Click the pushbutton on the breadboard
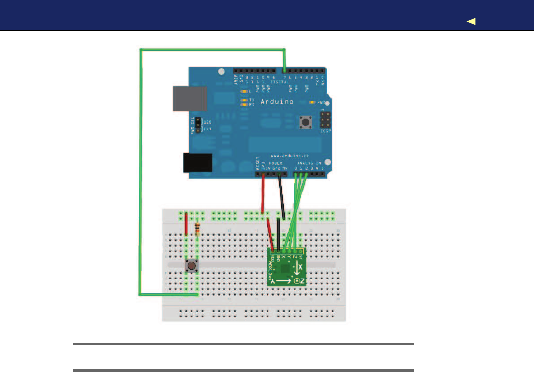(x=191, y=266)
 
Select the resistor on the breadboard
(x=198, y=229)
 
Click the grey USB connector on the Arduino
(x=189, y=98)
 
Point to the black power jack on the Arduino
(x=197, y=163)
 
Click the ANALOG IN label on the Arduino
(x=309, y=162)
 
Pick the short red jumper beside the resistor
(x=186, y=224)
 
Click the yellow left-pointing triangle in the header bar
(x=471, y=21)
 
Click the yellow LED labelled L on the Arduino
(x=244, y=92)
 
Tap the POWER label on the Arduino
(x=276, y=162)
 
